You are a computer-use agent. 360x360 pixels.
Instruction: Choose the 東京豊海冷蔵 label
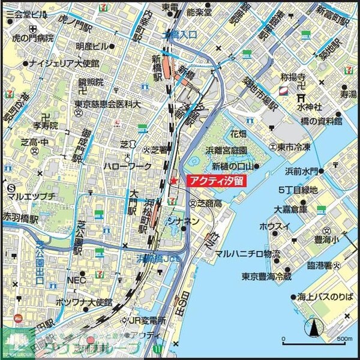pyautogui.click(x=266, y=277)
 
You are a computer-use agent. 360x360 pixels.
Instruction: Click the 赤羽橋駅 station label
pyautogui.click(x=20, y=216)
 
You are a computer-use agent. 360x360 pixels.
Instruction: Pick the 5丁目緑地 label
pyautogui.click(x=298, y=190)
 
